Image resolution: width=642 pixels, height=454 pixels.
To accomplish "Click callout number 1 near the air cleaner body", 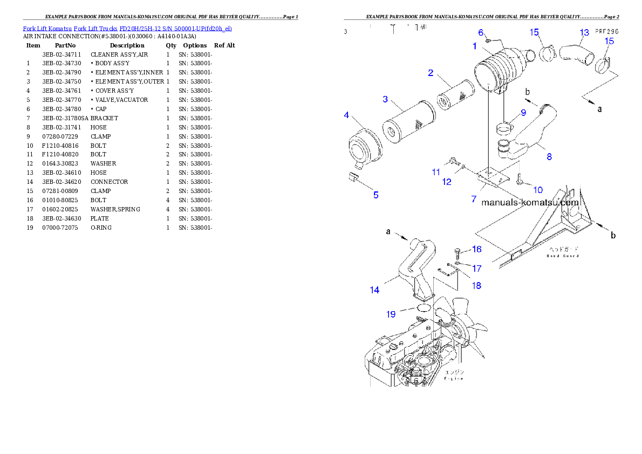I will pyautogui.click(x=475, y=46).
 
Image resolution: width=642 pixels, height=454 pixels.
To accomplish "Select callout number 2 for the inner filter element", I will pyautogui.click(x=431, y=73).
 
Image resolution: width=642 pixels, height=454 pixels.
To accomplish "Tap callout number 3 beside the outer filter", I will pyautogui.click(x=385, y=99).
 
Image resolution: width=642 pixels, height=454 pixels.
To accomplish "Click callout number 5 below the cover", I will pyautogui.click(x=376, y=195).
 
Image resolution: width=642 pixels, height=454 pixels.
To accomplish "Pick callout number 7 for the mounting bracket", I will pyautogui.click(x=474, y=199).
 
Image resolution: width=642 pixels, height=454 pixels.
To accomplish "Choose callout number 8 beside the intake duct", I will pyautogui.click(x=549, y=157).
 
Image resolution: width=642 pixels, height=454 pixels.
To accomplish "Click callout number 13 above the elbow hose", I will pyautogui.click(x=584, y=33).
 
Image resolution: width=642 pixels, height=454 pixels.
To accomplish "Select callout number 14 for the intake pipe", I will pyautogui.click(x=374, y=290).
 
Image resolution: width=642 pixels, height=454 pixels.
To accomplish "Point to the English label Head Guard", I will pyautogui.click(x=563, y=256).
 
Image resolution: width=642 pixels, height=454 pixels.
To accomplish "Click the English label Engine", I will pyautogui.click(x=454, y=379).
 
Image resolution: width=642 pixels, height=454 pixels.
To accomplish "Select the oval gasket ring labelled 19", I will pyautogui.click(x=423, y=307).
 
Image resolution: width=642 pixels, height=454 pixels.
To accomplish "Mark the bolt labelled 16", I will pyautogui.click(x=457, y=251).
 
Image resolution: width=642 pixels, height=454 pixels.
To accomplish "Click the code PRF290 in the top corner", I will pyautogui.click(x=606, y=32).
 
